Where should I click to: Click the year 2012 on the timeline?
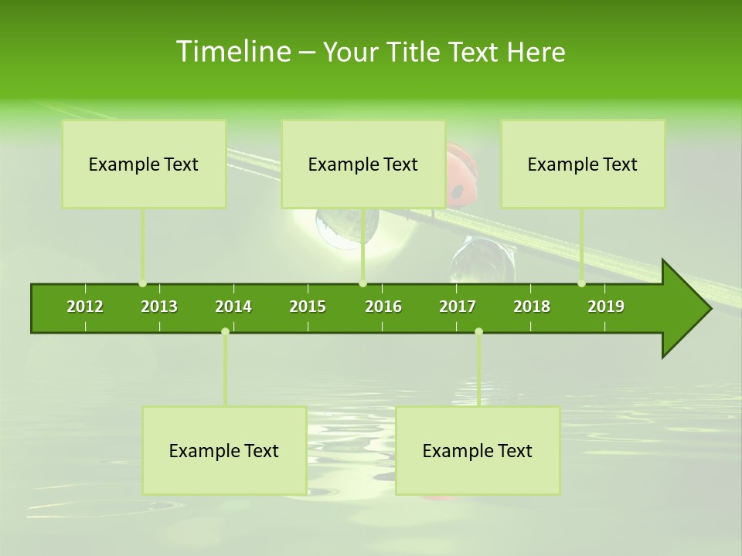pos(85,307)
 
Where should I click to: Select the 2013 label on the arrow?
pos(159,307)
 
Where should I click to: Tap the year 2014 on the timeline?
pos(233,307)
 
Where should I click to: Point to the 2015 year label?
pos(308,307)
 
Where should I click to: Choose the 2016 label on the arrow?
pos(383,307)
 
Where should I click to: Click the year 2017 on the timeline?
pos(458,307)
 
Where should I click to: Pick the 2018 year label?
pos(532,307)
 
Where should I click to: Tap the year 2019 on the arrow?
pos(606,307)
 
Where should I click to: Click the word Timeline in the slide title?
pos(233,52)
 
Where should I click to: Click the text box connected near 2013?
pos(144,164)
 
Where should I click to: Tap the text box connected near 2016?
pos(363,164)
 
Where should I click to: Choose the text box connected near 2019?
pos(583,164)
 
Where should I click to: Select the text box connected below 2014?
pos(224,450)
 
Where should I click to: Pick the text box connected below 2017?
pos(478,450)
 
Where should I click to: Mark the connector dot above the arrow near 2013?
pos(142,283)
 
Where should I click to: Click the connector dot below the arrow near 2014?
pos(225,331)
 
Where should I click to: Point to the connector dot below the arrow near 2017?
pos(478,331)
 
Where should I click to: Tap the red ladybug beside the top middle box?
pos(461,178)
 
